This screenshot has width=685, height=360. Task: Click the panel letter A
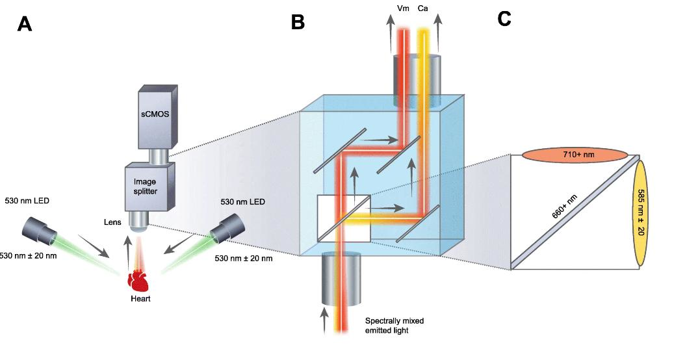click(x=24, y=24)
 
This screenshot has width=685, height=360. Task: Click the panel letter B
click(x=298, y=21)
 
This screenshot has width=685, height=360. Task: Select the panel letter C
click(x=505, y=19)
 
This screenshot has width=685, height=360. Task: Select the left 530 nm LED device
click(x=40, y=227)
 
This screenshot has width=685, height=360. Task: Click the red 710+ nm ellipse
click(x=569, y=156)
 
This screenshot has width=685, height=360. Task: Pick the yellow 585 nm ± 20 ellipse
click(x=641, y=212)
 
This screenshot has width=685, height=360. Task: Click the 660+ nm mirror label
click(x=567, y=208)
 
